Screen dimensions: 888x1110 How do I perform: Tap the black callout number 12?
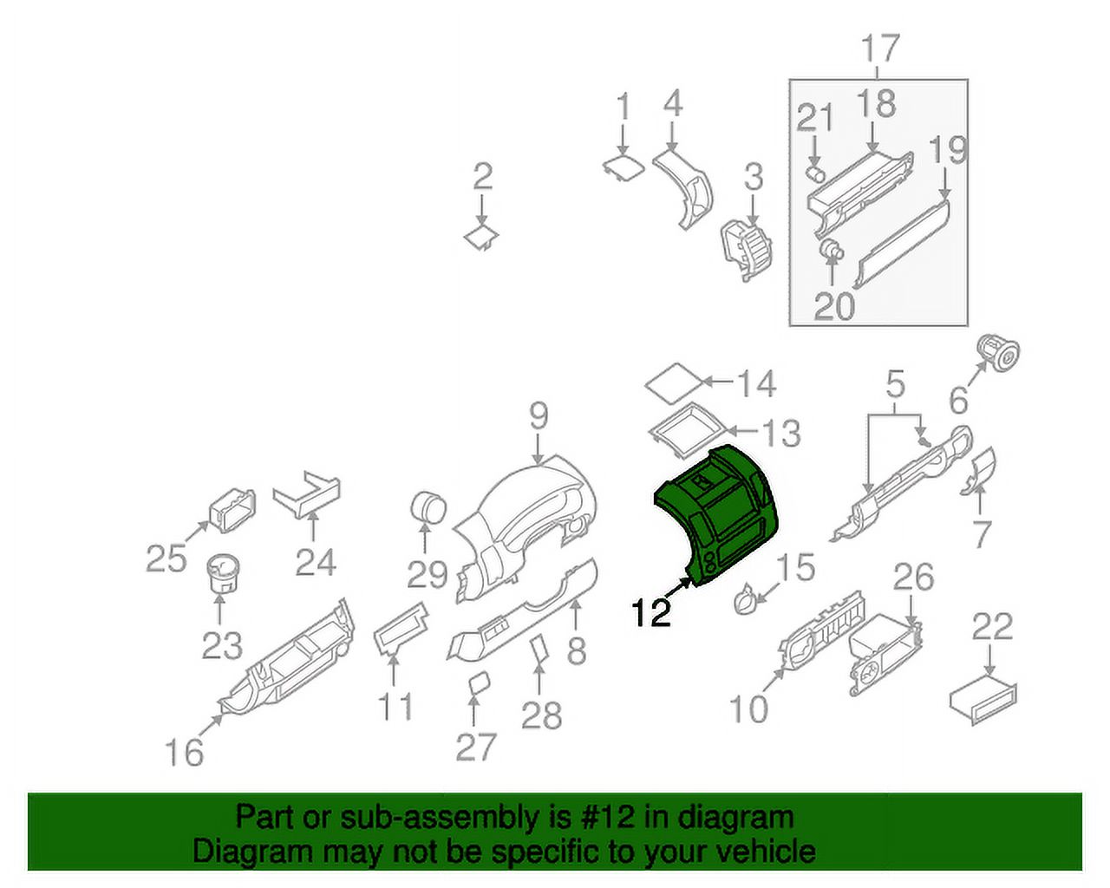pos(651,612)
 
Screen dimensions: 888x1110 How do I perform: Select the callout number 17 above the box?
pos(879,49)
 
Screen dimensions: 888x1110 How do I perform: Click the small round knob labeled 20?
pos(832,250)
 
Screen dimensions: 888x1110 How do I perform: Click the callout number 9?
pos(539,417)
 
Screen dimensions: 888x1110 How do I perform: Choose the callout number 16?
pos(185,751)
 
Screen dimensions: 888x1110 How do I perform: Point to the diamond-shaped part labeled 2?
pos(480,236)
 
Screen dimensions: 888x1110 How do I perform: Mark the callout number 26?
pos(913,578)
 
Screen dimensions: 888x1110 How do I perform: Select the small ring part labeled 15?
pos(744,599)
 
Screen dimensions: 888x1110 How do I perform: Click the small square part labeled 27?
pos(477,683)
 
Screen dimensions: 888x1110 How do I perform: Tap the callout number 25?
pos(166,558)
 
